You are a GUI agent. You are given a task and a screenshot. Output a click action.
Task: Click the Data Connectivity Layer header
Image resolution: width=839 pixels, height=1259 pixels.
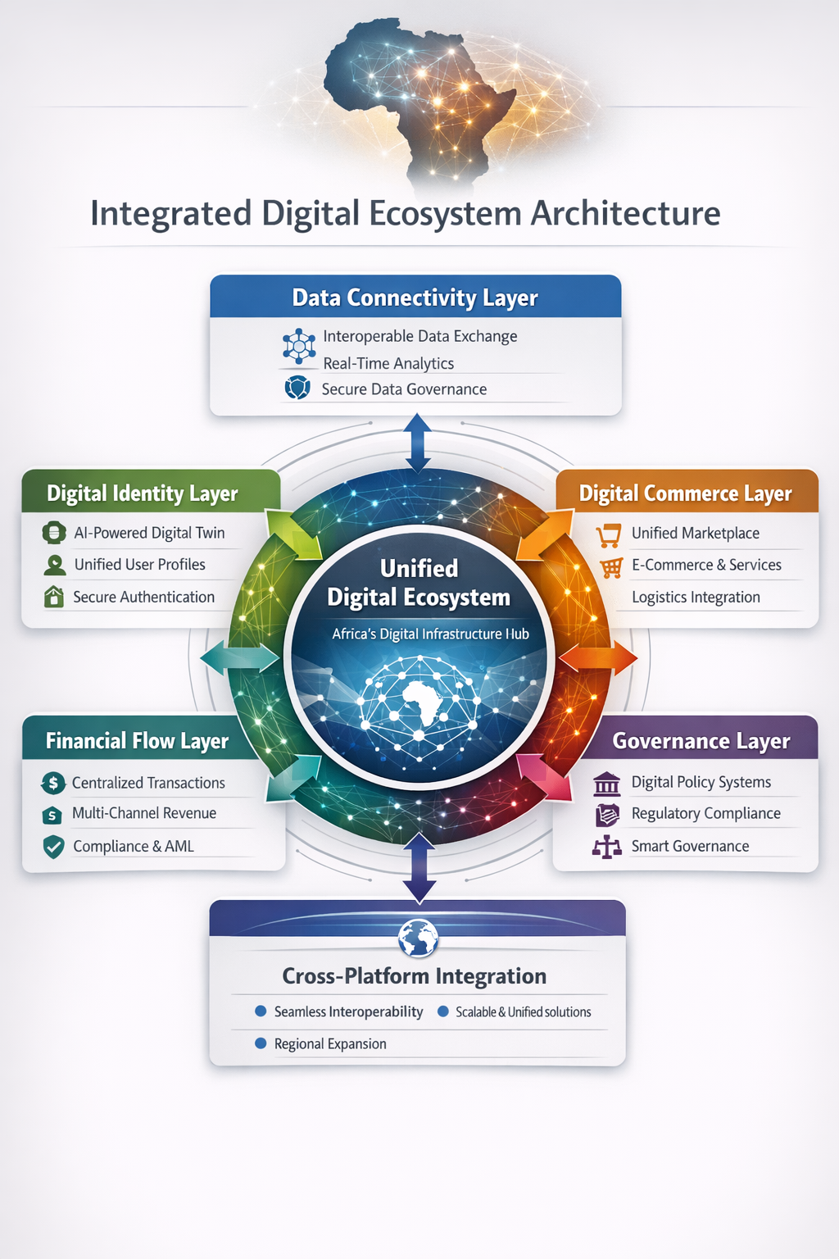(x=415, y=298)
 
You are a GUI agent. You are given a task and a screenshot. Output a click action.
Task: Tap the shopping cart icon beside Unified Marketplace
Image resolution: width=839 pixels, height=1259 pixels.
(x=608, y=535)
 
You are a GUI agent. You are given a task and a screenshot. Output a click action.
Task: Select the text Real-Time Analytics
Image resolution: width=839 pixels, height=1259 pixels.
(x=388, y=363)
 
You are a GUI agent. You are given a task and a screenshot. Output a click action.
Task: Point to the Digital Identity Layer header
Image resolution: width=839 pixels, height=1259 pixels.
(x=143, y=493)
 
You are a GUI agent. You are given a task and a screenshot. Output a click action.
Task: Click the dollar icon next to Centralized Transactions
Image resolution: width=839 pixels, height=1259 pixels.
(x=53, y=783)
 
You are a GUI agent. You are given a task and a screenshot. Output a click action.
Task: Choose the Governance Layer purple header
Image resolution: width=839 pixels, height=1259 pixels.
(x=701, y=741)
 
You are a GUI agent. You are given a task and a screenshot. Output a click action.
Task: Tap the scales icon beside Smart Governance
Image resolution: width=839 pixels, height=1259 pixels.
(x=606, y=847)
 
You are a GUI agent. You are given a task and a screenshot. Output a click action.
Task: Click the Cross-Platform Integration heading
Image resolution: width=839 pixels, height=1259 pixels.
(x=414, y=976)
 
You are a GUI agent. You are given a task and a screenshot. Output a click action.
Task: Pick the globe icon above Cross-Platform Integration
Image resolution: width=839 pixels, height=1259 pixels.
(x=418, y=938)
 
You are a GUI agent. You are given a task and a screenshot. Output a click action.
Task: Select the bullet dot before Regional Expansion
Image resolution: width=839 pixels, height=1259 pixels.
(x=261, y=1043)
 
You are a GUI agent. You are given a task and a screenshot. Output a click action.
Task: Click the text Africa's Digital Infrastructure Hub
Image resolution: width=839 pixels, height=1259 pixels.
(x=430, y=634)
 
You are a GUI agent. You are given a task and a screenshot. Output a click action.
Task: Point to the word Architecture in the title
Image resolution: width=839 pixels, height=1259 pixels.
(x=626, y=214)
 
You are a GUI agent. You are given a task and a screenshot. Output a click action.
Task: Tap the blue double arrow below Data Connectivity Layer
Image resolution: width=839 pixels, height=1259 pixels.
(x=418, y=443)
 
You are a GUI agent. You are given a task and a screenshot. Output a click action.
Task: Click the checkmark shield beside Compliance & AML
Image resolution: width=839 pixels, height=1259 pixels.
(x=53, y=847)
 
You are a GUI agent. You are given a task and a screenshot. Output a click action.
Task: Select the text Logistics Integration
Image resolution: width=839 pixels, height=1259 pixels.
(x=696, y=598)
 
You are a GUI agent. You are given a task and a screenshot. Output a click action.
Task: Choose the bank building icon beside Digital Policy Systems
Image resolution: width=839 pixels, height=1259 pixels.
(x=606, y=784)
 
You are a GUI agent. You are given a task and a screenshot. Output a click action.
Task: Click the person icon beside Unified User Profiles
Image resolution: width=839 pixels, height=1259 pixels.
(x=55, y=565)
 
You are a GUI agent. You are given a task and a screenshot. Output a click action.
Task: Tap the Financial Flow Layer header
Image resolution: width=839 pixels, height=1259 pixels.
(x=137, y=741)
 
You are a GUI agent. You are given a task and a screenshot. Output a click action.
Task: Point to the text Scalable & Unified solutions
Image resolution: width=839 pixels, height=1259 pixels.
(x=523, y=1012)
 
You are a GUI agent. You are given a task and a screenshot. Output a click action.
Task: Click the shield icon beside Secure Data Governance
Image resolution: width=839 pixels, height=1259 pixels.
(x=297, y=388)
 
